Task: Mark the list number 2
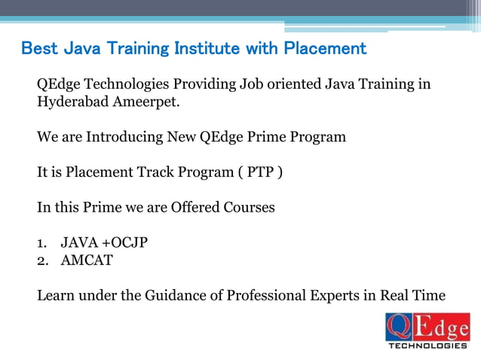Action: coord(41,261)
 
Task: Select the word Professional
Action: coord(266,295)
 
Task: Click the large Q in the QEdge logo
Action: coord(399,328)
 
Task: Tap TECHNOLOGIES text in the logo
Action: coord(427,346)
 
